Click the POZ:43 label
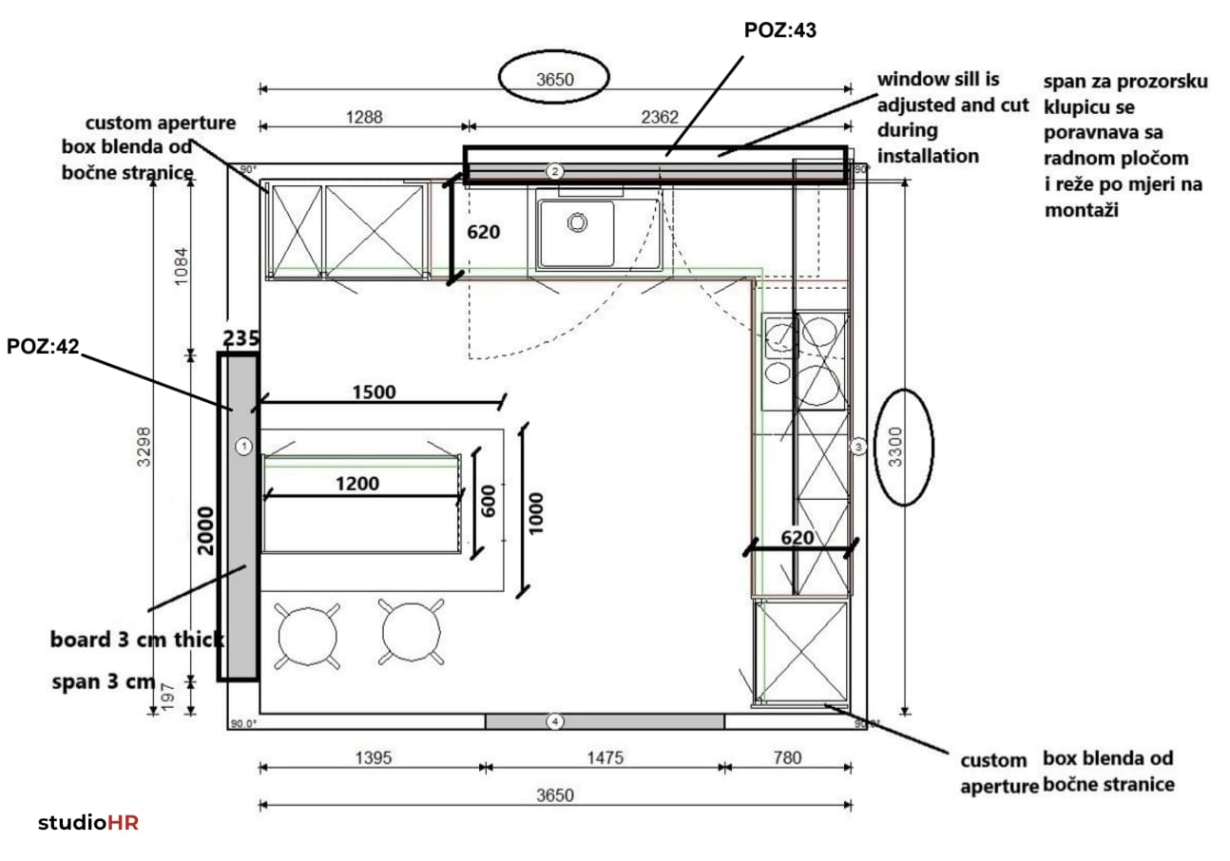pos(779,30)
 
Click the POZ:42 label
pos(43,347)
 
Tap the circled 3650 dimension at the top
pos(554,80)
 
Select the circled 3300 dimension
pos(895,447)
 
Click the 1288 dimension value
pos(364,117)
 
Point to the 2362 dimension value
pos(660,117)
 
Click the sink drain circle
pos(577,222)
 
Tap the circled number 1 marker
pos(243,446)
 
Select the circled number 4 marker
pos(554,721)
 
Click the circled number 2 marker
pos(554,171)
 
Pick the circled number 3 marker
pos(858,447)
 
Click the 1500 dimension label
pos(374,392)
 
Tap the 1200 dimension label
pos(357,484)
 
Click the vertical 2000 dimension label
pos(205,531)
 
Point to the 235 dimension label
pos(241,337)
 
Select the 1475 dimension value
pos(605,758)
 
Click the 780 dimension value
pos(787,757)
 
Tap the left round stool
pos(308,637)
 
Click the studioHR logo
pos(87,823)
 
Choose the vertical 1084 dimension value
pos(181,266)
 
